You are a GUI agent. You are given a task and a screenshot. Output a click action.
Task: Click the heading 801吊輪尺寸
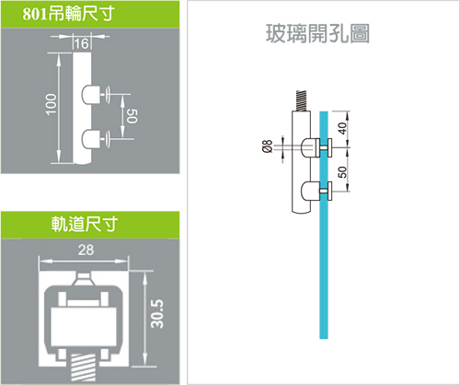pyautogui.click(x=68, y=14)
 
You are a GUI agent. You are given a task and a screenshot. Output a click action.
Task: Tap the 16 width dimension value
pyautogui.click(x=81, y=44)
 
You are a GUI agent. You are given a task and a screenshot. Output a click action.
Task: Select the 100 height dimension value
pyautogui.click(x=52, y=104)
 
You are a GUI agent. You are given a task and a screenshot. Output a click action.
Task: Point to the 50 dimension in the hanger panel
pyautogui.click(x=132, y=116)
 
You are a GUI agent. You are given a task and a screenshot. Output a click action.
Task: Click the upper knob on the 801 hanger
pyautogui.click(x=91, y=95)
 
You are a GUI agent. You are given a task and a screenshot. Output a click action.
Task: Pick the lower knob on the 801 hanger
pyautogui.click(x=91, y=139)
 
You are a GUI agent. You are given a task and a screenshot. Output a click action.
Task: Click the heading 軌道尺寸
pyautogui.click(x=85, y=224)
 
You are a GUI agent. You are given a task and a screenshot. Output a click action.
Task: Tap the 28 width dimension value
pyautogui.click(x=86, y=251)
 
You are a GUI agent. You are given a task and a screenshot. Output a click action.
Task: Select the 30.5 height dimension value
pyautogui.click(x=157, y=314)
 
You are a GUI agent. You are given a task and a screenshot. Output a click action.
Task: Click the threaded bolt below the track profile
pyautogui.click(x=83, y=367)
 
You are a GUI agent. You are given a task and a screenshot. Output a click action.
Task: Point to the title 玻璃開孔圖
pyautogui.click(x=317, y=33)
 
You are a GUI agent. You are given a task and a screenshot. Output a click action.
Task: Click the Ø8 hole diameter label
pyautogui.click(x=268, y=146)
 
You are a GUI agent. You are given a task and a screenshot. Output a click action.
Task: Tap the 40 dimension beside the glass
pyautogui.click(x=343, y=128)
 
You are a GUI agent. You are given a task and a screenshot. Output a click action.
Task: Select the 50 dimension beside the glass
pyautogui.click(x=343, y=172)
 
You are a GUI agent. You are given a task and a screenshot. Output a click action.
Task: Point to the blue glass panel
pyautogui.click(x=324, y=225)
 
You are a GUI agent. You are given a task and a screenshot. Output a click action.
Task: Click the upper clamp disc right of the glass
pyautogui.click(x=330, y=147)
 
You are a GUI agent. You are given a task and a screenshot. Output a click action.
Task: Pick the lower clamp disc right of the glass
pyautogui.click(x=330, y=191)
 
